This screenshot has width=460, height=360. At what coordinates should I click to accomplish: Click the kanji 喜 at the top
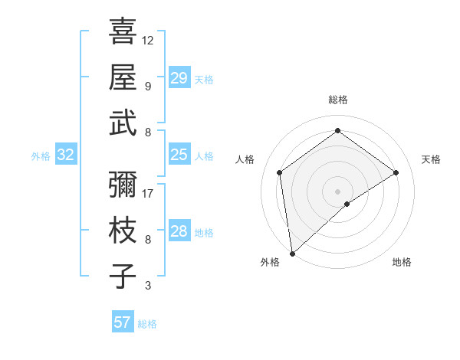[x=123, y=31]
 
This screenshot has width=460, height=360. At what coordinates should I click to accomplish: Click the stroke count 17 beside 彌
[x=148, y=193]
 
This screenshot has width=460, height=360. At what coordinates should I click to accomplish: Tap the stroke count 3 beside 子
[x=148, y=286]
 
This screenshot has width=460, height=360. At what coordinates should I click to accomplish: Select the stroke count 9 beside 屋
[x=148, y=86]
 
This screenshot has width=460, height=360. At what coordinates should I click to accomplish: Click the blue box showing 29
[x=179, y=78]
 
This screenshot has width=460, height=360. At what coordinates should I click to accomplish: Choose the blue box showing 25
[x=179, y=155]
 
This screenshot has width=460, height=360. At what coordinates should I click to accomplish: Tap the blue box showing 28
[x=179, y=232]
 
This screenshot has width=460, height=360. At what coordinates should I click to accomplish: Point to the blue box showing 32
[x=66, y=155]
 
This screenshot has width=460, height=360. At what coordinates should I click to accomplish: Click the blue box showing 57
[x=123, y=322]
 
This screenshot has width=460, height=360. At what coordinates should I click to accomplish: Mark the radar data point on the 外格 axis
[x=292, y=253]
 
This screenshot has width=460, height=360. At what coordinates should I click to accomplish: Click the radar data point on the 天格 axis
[x=396, y=172]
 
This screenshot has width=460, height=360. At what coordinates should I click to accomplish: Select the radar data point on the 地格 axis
[x=347, y=204]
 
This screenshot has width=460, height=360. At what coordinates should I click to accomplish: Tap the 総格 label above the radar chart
[x=337, y=100]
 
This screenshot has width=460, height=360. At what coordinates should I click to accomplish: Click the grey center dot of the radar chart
[x=337, y=190]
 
